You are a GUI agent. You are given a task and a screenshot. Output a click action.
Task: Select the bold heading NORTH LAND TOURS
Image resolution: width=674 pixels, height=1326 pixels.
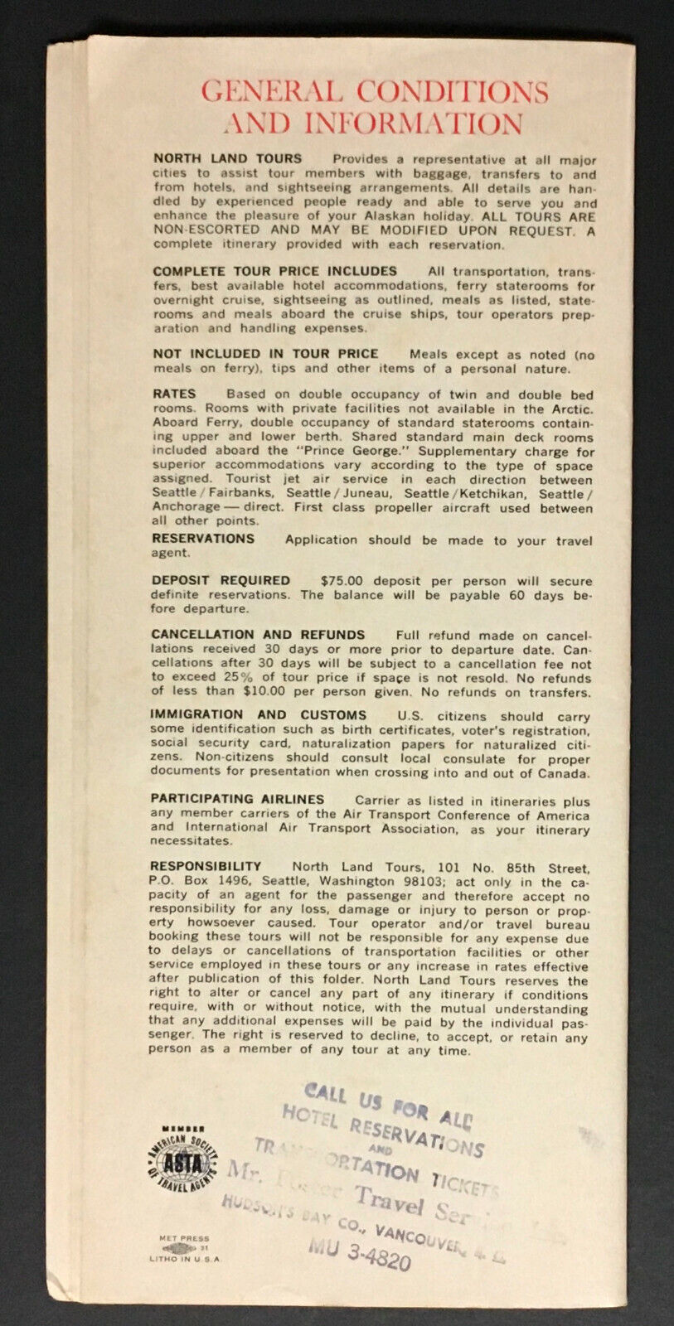228,158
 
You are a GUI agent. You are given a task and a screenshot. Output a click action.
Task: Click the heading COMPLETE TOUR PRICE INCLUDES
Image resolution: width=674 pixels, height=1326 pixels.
275,271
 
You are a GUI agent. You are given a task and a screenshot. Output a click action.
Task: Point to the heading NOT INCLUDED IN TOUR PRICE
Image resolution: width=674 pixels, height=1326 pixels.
265,354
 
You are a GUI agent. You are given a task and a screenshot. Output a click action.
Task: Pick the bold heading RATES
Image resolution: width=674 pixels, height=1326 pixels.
174,394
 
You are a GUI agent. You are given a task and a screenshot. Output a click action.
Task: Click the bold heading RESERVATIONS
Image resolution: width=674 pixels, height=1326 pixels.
203,539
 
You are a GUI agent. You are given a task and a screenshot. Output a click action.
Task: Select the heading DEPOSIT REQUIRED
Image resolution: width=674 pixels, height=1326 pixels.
221,580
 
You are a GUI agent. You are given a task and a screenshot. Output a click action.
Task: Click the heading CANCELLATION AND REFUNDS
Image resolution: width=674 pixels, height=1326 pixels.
258,635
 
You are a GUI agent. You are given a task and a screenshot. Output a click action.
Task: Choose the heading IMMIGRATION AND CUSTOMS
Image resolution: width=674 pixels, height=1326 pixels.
258,714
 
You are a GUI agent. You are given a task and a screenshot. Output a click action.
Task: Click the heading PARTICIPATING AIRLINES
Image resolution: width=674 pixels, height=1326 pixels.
237,799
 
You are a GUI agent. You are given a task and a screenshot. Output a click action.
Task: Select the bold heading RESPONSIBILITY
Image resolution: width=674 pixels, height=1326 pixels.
206,866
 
